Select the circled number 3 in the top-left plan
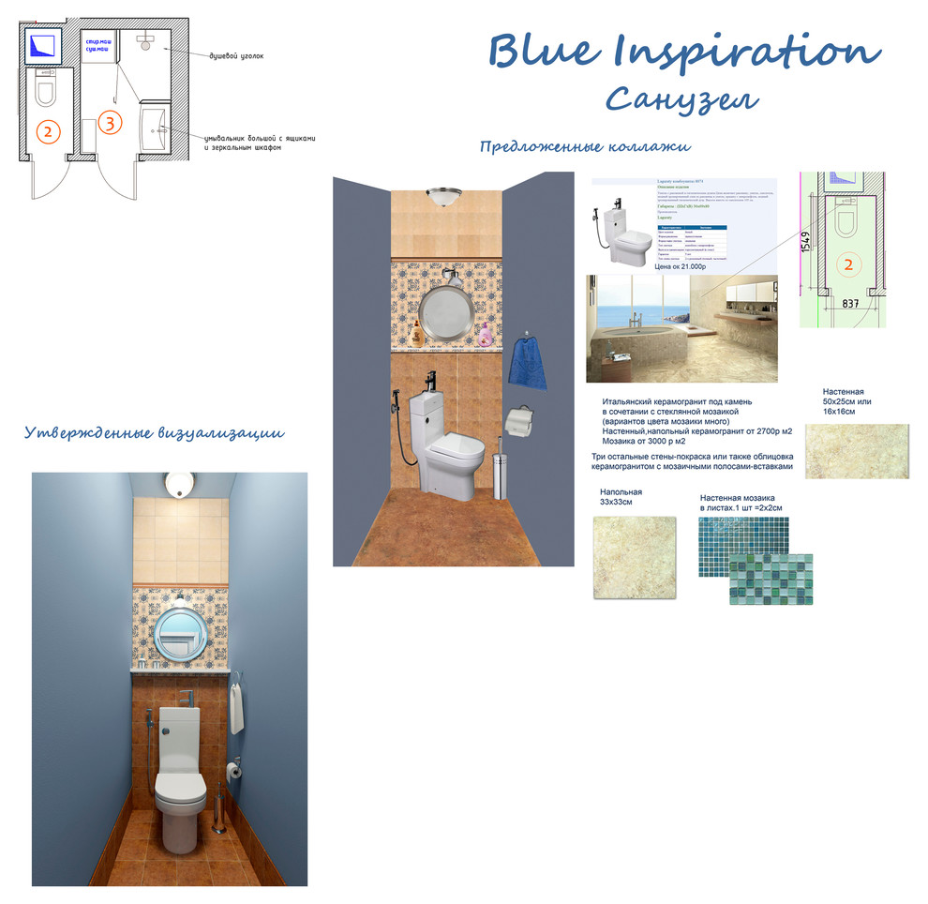[110, 122]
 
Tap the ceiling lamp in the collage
[442, 196]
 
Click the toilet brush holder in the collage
[500, 469]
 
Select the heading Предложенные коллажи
[585, 147]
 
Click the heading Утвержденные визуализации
[154, 432]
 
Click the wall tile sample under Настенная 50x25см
[856, 451]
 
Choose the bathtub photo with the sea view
[681, 328]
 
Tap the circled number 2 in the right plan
[848, 264]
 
